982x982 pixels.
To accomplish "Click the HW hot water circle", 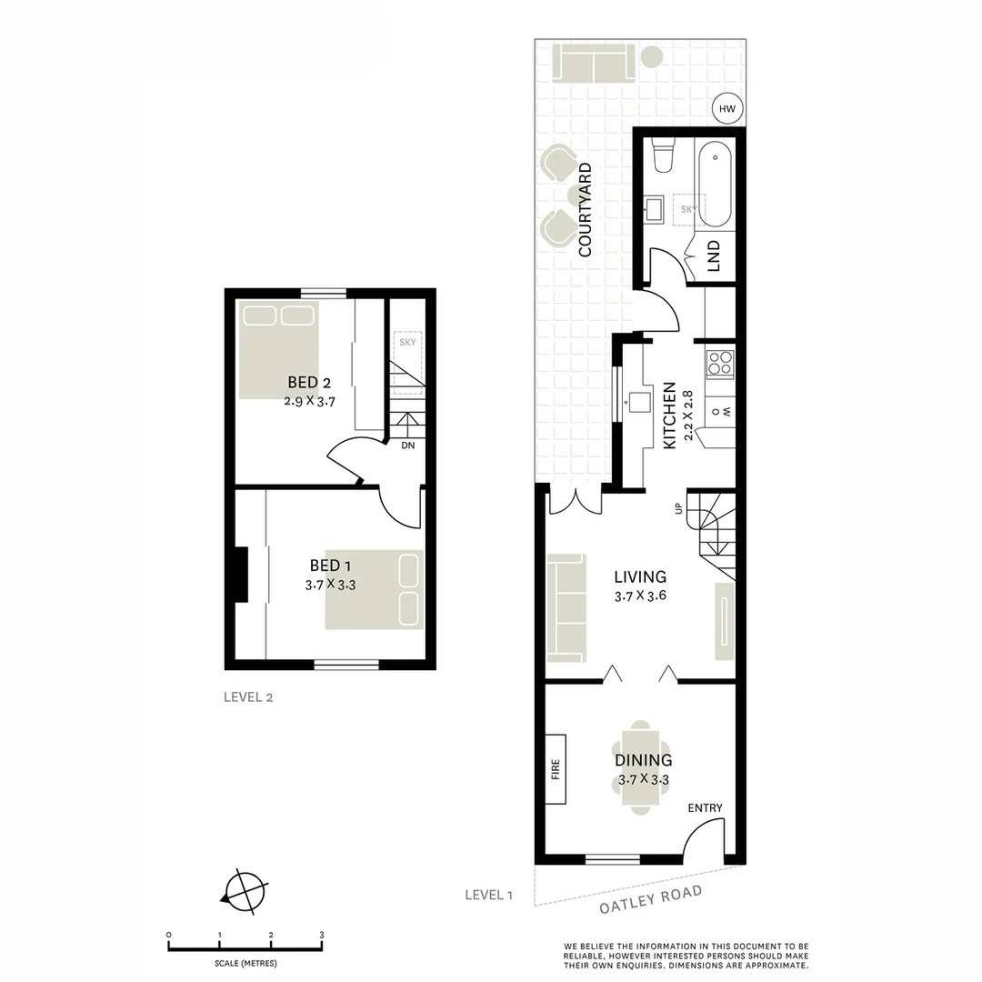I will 726,109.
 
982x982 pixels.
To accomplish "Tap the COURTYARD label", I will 585,209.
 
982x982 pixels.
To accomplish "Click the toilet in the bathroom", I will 664,155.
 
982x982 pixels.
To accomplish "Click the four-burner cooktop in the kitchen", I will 721,364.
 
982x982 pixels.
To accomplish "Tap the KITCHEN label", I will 670,416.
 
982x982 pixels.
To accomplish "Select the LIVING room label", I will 640,576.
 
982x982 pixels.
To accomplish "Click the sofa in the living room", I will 566,607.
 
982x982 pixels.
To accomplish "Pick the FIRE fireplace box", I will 555,769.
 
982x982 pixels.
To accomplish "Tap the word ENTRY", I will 705,808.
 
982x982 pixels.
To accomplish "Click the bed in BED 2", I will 279,350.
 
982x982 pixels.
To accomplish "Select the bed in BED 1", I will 375,589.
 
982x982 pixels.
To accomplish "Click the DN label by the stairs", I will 408,446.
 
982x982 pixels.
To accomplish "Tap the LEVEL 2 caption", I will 248,697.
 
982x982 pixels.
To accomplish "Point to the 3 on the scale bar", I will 321,934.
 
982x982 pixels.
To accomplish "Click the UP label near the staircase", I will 678,508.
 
